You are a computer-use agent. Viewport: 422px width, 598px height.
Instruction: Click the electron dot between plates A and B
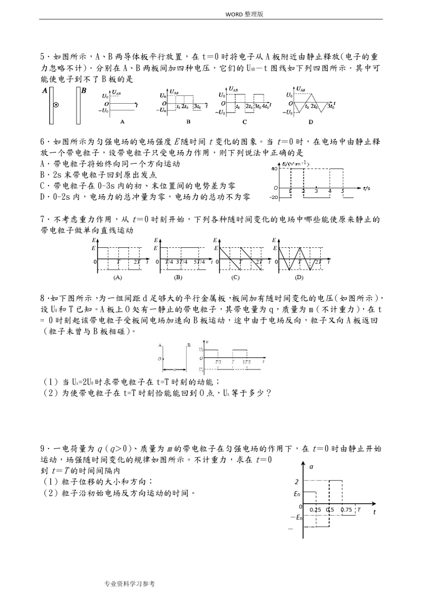[x=56, y=105]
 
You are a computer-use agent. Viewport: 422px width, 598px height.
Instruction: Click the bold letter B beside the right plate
[x=84, y=91]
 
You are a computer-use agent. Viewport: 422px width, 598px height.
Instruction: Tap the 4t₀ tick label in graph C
[x=266, y=107]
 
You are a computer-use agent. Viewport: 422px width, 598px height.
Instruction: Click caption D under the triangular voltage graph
[x=311, y=121]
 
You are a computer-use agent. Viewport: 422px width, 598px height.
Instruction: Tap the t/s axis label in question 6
[x=366, y=188]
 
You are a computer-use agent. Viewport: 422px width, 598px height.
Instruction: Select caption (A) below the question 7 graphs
[x=118, y=277]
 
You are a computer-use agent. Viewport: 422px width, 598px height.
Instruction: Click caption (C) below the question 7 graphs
[x=235, y=277]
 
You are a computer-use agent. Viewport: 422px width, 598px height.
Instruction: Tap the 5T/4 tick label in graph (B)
[x=199, y=262]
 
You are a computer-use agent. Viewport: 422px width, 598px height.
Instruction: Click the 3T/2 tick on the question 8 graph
[x=247, y=362]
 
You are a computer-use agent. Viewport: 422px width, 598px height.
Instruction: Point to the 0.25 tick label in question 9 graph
[x=315, y=509]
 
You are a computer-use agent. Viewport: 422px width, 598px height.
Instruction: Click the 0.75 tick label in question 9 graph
[x=346, y=509]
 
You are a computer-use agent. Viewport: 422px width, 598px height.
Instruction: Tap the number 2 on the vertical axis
[x=297, y=481]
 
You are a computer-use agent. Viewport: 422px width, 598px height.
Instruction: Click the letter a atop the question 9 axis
[x=311, y=466]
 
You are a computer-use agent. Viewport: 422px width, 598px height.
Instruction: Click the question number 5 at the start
[x=43, y=57]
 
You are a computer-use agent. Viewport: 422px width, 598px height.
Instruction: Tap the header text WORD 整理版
[x=244, y=14]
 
